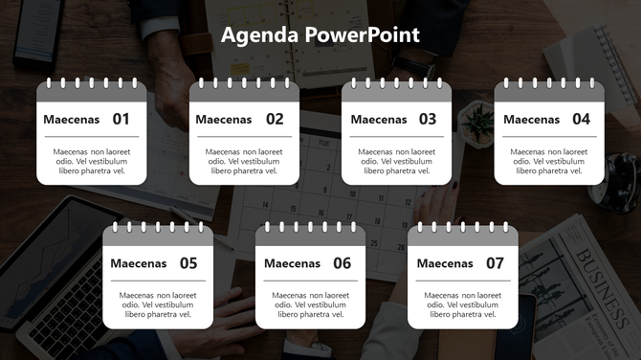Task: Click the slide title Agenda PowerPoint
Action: pos(320,35)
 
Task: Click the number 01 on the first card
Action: pos(122,120)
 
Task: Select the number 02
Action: pos(275,120)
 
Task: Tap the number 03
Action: pos(428,120)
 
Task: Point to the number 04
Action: pos(581,120)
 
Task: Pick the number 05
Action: pos(188,263)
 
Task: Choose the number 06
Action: pos(342,263)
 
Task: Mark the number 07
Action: pos(495,263)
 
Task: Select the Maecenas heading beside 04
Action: pos(531,120)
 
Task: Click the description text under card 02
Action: pos(244,161)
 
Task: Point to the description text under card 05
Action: pos(158,304)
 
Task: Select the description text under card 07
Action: pos(463,304)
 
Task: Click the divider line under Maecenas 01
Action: pos(91,137)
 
